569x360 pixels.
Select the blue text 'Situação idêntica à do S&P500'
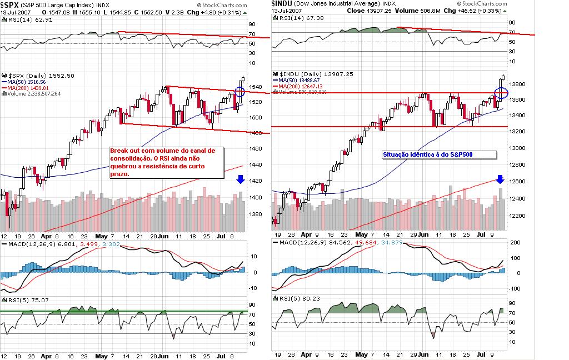pyautogui.click(x=427, y=154)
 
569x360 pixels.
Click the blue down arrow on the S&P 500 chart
pyautogui.click(x=240, y=179)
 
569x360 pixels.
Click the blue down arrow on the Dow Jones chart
pyautogui.click(x=500, y=179)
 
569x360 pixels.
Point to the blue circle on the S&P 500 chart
pyautogui.click(x=239, y=94)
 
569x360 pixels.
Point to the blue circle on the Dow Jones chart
pyautogui.click(x=501, y=93)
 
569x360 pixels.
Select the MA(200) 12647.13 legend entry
pyautogui.click(x=300, y=87)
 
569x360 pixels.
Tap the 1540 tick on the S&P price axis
pyautogui.click(x=256, y=87)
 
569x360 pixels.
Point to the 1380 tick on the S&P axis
pyautogui.click(x=256, y=214)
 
